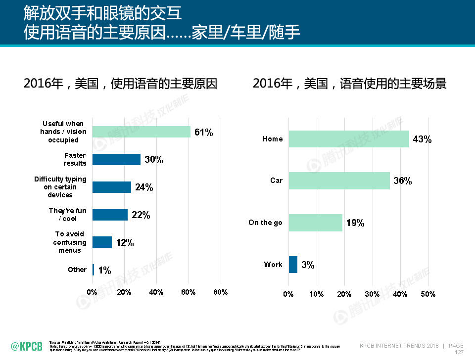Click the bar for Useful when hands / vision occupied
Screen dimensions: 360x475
click(x=142, y=132)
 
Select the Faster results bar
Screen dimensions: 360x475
click(x=116, y=159)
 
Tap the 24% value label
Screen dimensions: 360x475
click(x=144, y=187)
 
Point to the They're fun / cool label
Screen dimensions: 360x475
click(x=67, y=215)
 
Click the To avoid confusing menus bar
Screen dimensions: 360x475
click(x=102, y=242)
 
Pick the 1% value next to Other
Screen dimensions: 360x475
click(x=104, y=270)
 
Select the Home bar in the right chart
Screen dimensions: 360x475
click(x=349, y=139)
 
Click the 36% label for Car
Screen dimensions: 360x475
click(x=402, y=180)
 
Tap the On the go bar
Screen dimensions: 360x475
click(x=315, y=223)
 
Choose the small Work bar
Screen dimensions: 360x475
click(x=293, y=265)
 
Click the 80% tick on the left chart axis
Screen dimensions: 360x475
click(x=220, y=292)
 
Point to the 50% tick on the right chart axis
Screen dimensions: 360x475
click(x=428, y=294)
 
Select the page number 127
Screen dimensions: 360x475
click(x=459, y=352)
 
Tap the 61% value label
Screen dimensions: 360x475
click(x=203, y=132)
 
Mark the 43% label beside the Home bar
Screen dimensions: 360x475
click(x=422, y=139)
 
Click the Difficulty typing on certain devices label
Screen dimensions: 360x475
click(x=60, y=187)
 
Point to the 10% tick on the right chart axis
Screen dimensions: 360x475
click(x=316, y=294)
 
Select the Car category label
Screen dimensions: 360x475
click(x=276, y=180)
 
